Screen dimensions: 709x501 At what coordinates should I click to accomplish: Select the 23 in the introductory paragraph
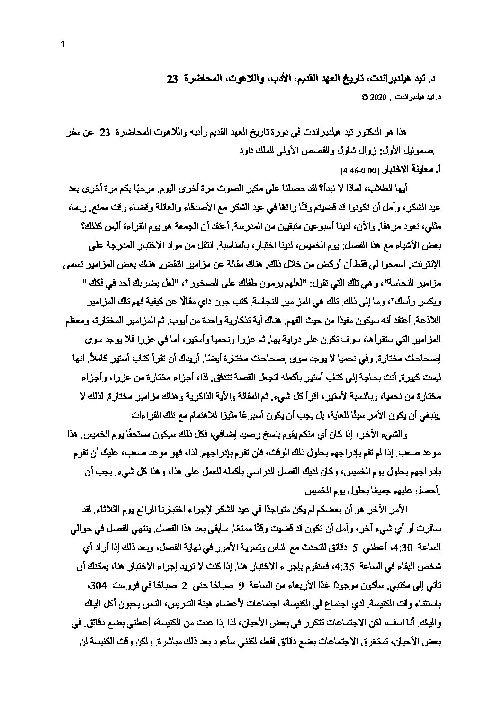(105, 134)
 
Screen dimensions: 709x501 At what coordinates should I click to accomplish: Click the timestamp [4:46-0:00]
(362, 170)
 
